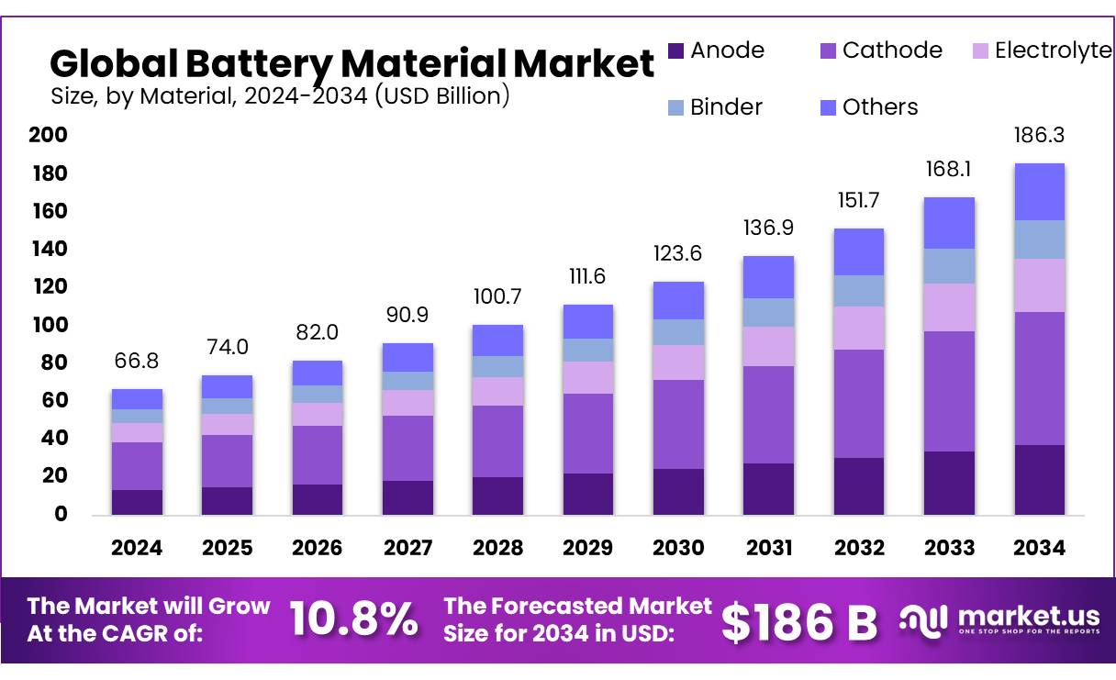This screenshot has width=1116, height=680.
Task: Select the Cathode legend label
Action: tap(891, 50)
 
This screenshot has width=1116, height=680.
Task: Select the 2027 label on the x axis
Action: tap(407, 548)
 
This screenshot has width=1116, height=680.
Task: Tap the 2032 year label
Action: tap(860, 548)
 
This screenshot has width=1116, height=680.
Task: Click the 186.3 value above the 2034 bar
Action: tap(1040, 137)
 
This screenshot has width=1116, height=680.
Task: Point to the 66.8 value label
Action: tap(137, 362)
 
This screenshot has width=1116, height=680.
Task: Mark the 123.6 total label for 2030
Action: tap(677, 254)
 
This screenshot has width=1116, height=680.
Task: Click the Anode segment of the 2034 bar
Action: tap(1040, 479)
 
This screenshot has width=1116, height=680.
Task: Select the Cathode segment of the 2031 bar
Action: tap(768, 414)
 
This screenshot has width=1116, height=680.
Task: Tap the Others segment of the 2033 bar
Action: tap(950, 223)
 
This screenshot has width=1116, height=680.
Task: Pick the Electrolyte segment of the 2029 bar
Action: tap(587, 377)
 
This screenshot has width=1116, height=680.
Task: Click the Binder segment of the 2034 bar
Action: tap(1040, 240)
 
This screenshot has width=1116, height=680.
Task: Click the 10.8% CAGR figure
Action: tap(354, 619)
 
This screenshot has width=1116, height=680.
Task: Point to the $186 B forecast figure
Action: tap(799, 621)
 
